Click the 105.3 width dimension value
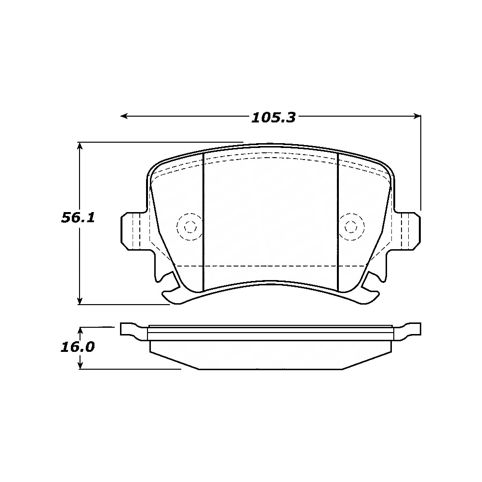(273, 118)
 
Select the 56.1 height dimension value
(78, 218)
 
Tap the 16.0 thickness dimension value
(78, 347)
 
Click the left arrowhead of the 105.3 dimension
(124, 116)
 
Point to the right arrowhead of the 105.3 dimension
(417, 116)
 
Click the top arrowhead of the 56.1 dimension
(80, 146)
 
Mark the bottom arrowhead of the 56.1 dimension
(80, 301)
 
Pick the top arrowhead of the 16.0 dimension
(80, 331)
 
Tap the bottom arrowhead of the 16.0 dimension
(80, 365)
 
